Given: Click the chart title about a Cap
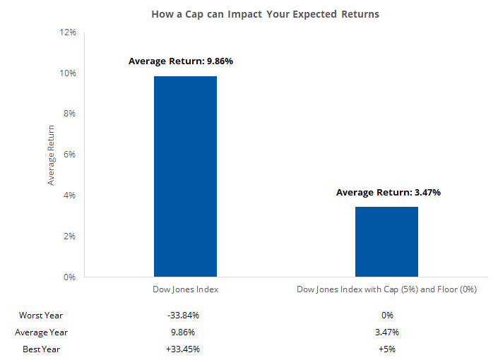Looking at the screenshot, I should click(265, 14).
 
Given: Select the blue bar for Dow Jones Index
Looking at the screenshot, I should click(185, 176).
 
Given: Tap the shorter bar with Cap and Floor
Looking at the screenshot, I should click(386, 241).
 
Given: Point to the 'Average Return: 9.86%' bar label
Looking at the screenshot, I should click(180, 61).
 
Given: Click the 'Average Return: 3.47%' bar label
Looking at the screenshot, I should click(388, 192).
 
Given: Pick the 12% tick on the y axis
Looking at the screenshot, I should click(68, 32).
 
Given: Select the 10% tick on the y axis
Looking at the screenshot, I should click(68, 73).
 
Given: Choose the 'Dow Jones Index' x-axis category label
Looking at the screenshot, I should click(185, 289).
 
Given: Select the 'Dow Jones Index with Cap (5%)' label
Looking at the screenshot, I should click(386, 289).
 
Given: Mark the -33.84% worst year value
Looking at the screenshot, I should click(185, 315).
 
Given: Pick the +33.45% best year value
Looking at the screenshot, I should click(185, 349).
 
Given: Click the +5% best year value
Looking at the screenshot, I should click(386, 349).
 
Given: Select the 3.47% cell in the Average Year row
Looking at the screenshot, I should click(386, 332).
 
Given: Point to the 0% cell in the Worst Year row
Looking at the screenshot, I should click(386, 315).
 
